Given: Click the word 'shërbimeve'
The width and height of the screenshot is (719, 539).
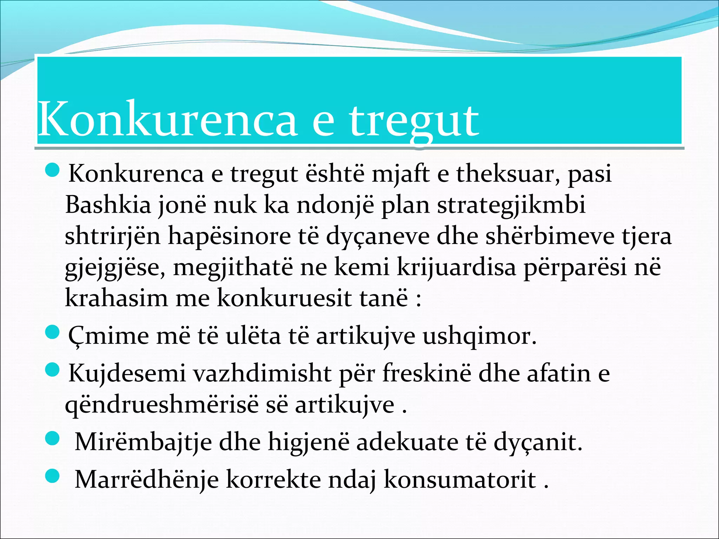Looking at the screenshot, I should pyautogui.click(x=550, y=236).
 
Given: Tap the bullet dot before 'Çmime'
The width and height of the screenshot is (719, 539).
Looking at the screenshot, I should pyautogui.click(x=53, y=332).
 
